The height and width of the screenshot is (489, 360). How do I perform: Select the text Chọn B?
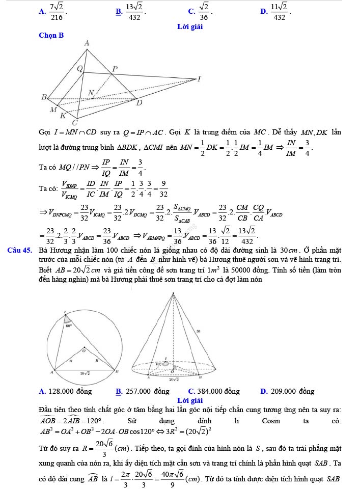[51, 35]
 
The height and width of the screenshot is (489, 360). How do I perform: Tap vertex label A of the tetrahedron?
[86, 43]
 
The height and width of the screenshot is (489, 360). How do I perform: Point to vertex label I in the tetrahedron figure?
[199, 78]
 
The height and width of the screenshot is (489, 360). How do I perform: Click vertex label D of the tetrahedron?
[139, 103]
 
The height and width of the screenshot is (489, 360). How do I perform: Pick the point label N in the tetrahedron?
[91, 92]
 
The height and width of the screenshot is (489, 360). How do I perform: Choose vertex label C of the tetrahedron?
[74, 123]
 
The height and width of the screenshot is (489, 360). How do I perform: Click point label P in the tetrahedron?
[115, 69]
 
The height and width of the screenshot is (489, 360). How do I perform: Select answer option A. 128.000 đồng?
[65, 391]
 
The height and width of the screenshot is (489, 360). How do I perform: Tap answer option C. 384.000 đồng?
[213, 391]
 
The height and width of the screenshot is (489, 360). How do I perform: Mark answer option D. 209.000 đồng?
[287, 391]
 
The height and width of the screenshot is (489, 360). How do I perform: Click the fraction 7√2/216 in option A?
[57, 11]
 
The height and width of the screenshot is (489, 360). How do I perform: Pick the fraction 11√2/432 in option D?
[280, 11]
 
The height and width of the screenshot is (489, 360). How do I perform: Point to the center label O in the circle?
[85, 350]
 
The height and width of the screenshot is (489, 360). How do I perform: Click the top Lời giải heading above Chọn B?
[189, 26]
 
